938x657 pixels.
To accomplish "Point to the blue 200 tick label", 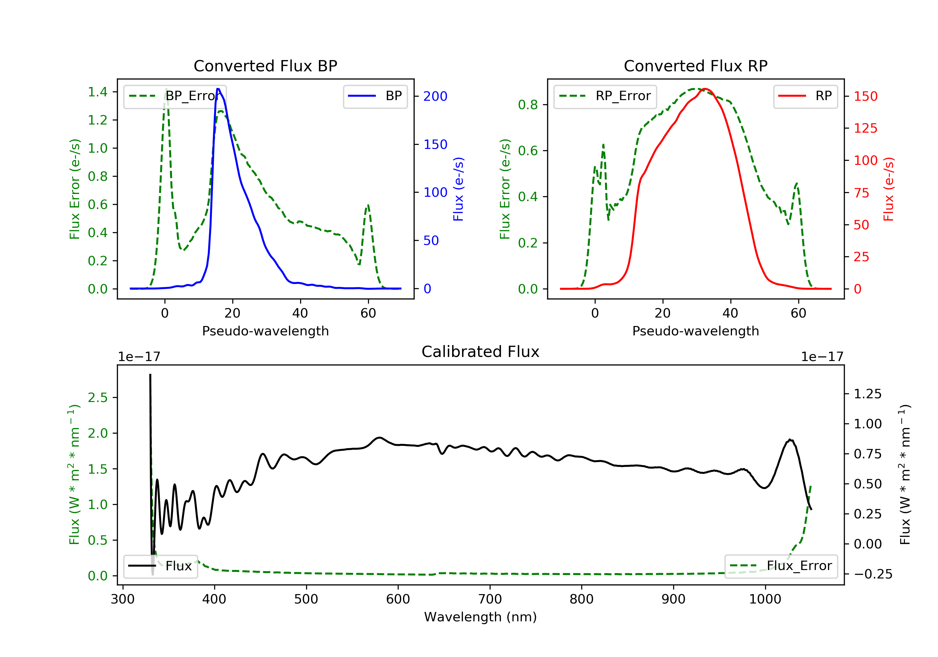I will pyautogui.click(x=435, y=96).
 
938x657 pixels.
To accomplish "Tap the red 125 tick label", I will pyautogui.click(x=865, y=128).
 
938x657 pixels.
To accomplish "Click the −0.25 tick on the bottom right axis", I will pyautogui.click(x=867, y=574).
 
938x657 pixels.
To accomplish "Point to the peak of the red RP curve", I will pyautogui.click(x=705, y=89).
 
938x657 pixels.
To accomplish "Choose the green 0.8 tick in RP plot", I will pyautogui.click(x=528, y=105).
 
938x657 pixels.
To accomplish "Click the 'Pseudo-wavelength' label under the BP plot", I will pyautogui.click(x=265, y=331).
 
